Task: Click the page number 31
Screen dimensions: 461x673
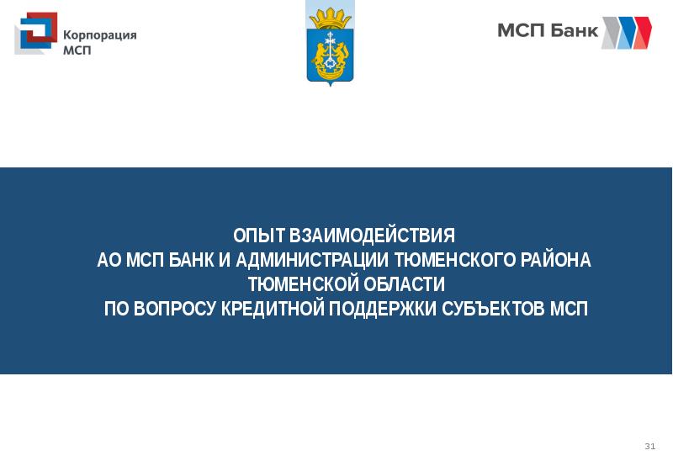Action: (649, 444)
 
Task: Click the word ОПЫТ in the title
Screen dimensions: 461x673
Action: (257, 236)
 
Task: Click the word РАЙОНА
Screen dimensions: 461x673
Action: (551, 260)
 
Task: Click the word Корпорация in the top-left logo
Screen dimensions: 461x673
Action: (100, 34)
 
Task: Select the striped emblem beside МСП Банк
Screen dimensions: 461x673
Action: (626, 32)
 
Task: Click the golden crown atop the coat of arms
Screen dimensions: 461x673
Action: (330, 15)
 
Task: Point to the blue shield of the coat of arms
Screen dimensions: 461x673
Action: (330, 55)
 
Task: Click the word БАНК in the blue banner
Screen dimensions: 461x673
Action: (192, 260)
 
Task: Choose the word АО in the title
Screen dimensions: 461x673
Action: (109, 260)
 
